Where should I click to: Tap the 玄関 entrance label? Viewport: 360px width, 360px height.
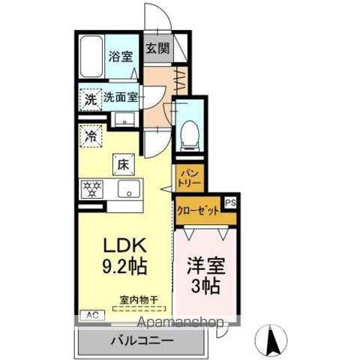pos(157,50)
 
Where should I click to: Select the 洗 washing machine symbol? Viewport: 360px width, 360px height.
pos(90,97)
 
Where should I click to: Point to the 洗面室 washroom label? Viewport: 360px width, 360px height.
pos(121,97)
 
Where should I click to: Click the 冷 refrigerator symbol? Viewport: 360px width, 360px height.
pos(91,136)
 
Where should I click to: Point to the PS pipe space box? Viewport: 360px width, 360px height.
pos(229,200)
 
